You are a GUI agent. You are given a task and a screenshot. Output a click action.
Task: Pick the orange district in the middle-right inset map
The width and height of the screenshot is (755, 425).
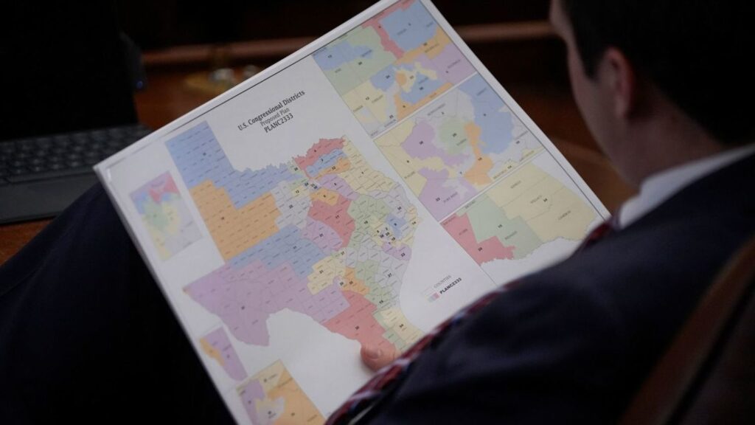pos(479,166)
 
